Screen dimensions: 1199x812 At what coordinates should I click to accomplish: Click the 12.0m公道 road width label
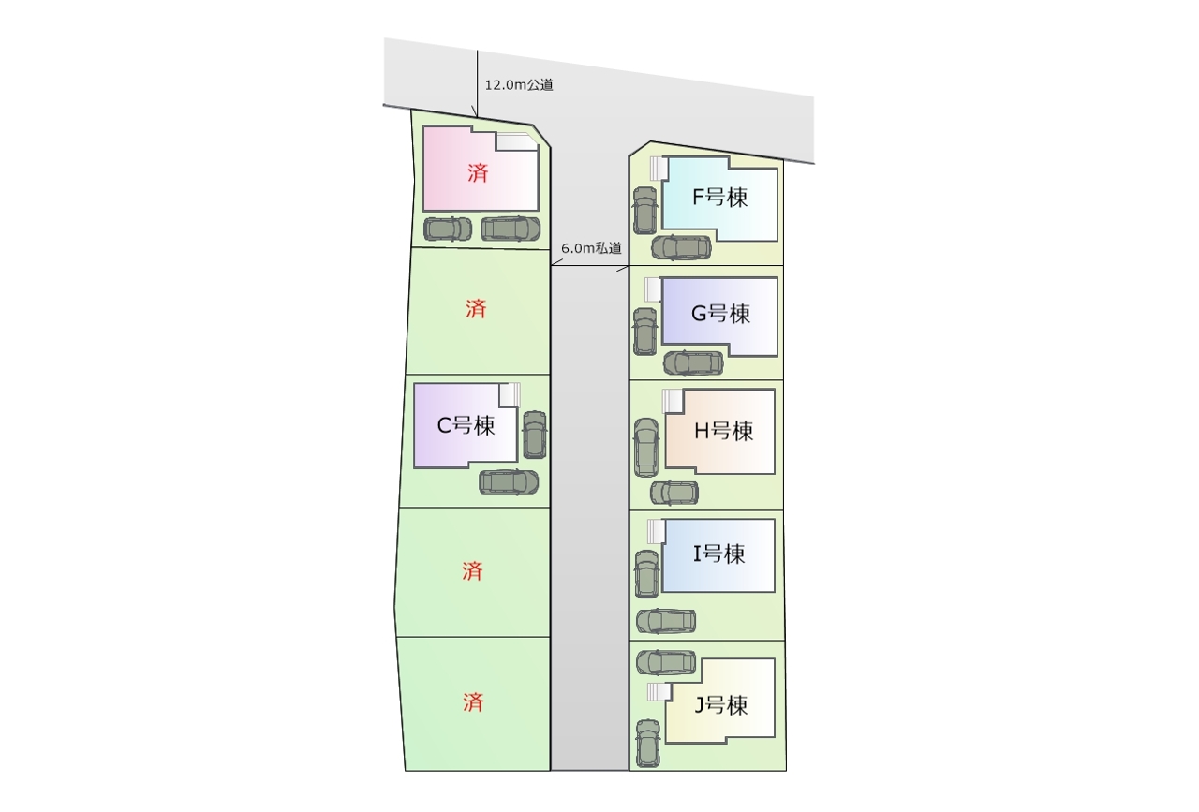519,84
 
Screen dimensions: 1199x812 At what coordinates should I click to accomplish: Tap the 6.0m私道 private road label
591,248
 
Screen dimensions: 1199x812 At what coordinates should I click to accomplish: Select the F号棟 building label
719,197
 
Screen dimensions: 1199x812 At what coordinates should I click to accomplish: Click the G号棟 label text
720,314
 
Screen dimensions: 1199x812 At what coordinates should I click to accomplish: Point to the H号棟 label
723,431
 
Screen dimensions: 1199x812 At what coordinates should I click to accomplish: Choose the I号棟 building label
718,554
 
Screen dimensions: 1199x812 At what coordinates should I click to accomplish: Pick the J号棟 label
720,705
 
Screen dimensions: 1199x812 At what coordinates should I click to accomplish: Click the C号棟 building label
466,425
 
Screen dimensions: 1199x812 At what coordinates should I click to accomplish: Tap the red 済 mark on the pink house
478,173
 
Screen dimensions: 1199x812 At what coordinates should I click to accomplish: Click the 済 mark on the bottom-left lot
473,702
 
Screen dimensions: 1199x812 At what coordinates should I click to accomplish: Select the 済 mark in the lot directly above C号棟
475,309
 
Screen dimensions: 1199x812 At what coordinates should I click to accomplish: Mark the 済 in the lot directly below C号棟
473,571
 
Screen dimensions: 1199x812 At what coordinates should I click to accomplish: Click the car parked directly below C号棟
509,481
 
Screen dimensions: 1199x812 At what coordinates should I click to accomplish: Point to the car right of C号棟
535,435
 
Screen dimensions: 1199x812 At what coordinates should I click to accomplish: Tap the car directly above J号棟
666,662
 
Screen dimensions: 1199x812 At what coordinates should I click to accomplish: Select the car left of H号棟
646,447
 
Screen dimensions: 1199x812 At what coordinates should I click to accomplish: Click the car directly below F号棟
681,247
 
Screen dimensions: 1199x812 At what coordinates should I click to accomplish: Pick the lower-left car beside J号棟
648,743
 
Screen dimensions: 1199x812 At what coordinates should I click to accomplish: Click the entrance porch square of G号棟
653,289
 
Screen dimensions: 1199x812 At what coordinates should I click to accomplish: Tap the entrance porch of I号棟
657,531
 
